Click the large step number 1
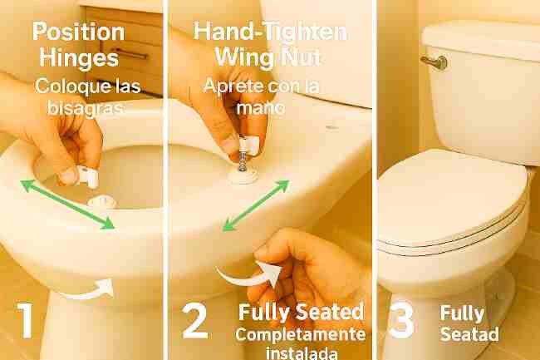coord(25,320)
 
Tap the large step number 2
coord(194,321)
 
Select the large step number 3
coord(401,319)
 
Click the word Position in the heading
coord(78,32)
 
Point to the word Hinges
coord(79,57)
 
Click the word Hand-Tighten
coord(270,32)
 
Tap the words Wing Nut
coord(268,57)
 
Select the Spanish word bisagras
coord(86,107)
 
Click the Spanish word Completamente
coord(300,334)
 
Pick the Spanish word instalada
coord(302,353)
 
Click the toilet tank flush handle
coord(434,62)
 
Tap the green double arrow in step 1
coord(67,204)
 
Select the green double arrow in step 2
coord(256,205)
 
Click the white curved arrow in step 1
coord(88,291)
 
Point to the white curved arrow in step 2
coord(249,274)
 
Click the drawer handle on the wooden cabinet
coord(128,52)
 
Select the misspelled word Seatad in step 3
coord(469,333)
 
